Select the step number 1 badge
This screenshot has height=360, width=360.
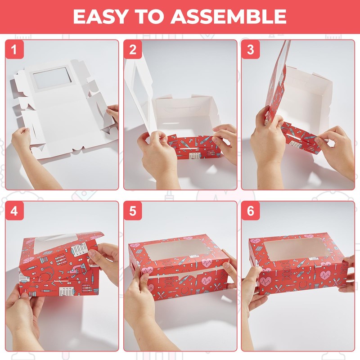pos(14,49)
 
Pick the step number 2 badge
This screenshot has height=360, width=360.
pos(133,49)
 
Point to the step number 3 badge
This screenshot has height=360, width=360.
pos(251,49)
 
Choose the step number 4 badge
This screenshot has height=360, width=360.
pos(14,211)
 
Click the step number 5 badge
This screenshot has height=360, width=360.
pos(133,211)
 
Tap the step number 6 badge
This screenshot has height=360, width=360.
pos(251,211)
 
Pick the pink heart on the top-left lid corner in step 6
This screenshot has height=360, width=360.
pos(256,241)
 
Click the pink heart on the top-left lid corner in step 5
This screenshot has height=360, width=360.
pos(136,245)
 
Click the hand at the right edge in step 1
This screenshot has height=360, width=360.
pos(113,112)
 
